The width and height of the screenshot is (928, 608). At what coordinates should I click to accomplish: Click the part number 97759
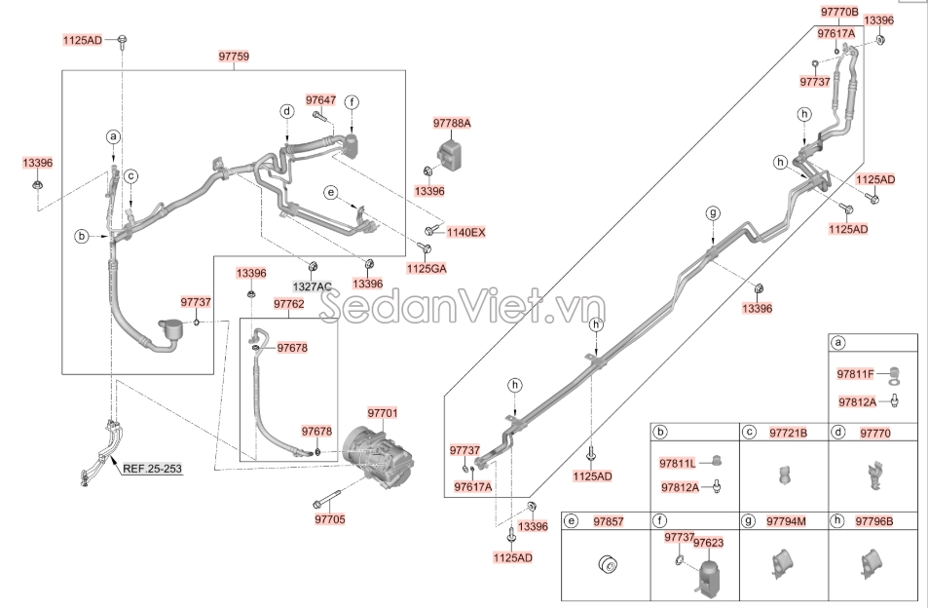(233, 57)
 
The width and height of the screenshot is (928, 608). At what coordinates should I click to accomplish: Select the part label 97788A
(451, 124)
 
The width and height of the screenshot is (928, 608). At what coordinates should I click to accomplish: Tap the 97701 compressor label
(383, 414)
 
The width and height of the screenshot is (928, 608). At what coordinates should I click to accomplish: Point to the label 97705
(329, 519)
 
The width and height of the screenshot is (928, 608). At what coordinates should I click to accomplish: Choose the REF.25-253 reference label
(152, 469)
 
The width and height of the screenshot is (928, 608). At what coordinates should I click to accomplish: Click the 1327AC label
(313, 286)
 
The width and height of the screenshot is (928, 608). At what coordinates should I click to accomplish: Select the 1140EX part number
(465, 232)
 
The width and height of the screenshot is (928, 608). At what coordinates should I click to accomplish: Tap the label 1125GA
(426, 267)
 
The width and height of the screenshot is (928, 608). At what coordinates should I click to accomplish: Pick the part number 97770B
(838, 13)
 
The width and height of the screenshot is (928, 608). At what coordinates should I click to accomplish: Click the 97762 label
(288, 304)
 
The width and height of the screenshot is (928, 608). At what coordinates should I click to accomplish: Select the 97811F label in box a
(856, 373)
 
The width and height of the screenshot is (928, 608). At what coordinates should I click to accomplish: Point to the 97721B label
(789, 432)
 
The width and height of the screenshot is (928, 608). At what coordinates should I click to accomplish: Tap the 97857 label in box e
(608, 521)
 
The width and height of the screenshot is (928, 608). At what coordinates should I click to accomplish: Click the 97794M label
(787, 521)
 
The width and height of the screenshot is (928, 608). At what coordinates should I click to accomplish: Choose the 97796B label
(874, 521)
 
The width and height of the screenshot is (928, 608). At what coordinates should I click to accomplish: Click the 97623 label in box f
(708, 542)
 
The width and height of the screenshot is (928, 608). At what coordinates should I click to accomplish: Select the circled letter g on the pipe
(712, 213)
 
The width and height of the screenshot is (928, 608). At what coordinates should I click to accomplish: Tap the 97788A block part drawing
(450, 154)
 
